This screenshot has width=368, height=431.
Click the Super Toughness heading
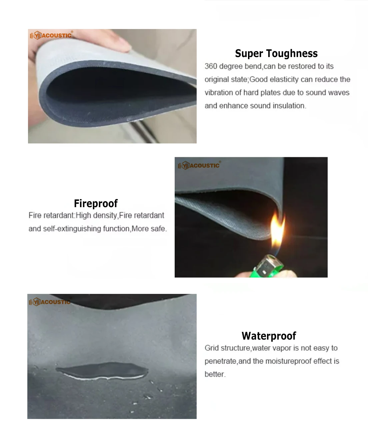click(276, 53)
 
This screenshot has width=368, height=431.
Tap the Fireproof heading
click(96, 203)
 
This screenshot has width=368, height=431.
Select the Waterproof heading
click(269, 336)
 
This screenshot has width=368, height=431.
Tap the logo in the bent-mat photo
click(51, 35)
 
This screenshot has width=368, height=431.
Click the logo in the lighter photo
click(199, 165)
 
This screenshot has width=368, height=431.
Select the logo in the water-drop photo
click(50, 302)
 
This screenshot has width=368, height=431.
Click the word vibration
click(219, 92)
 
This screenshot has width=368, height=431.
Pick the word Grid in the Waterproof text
click(212, 348)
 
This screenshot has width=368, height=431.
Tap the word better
click(215, 374)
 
